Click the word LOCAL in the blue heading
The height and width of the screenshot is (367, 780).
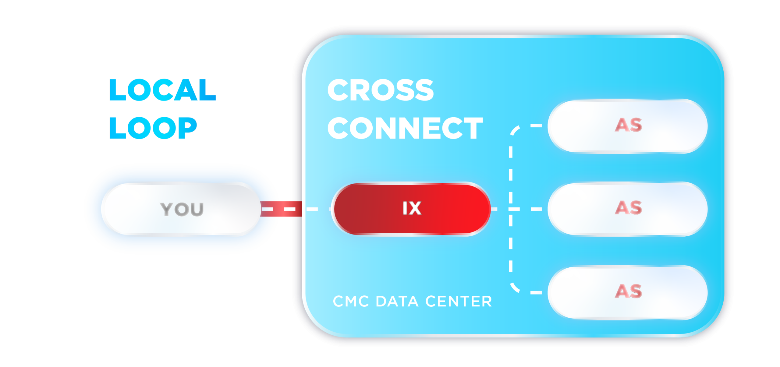pos(162,90)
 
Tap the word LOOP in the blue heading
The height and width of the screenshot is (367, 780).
pos(153,128)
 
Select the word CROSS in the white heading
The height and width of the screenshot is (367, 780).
pos(380,90)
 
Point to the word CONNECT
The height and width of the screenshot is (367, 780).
pos(405,128)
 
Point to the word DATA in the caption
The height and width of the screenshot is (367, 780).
pos(397,302)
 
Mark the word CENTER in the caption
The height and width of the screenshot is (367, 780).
pos(458,302)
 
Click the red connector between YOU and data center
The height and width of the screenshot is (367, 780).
pos(281,209)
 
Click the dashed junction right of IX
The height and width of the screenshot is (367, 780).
pos(511,209)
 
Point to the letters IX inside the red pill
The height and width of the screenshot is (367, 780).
pos(412,208)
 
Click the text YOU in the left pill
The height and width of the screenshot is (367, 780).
pos(182,209)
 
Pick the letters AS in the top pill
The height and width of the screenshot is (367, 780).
pos(628,125)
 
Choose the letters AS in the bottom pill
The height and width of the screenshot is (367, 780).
pos(628,291)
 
